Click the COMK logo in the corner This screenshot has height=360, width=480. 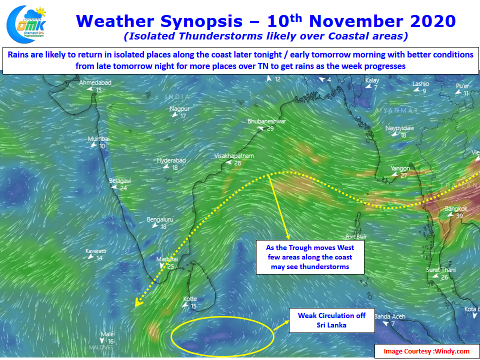click(26, 24)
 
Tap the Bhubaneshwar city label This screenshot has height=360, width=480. click(266, 121)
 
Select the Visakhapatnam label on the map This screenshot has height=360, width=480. click(234, 156)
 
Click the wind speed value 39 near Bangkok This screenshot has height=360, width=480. click(459, 216)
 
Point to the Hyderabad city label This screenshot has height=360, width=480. click(171, 160)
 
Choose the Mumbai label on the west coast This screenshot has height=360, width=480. click(98, 138)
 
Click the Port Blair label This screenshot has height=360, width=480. click(356, 236)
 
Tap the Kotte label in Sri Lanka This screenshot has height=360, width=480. click(190, 299)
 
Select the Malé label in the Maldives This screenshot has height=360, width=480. click(107, 334)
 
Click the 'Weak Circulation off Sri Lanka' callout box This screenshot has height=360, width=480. click(332, 320)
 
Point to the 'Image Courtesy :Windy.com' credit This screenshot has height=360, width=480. click(426, 351)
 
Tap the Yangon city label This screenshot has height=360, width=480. click(400, 168)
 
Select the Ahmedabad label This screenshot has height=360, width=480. click(95, 82)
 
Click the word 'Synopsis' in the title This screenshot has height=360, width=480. click(201, 21)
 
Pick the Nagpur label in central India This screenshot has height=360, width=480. click(179, 109)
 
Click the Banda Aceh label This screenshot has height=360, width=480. click(389, 316)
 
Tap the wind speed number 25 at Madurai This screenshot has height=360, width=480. click(170, 266)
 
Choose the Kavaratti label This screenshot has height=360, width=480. click(96, 251)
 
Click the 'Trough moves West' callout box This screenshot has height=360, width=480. click(310, 257)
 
